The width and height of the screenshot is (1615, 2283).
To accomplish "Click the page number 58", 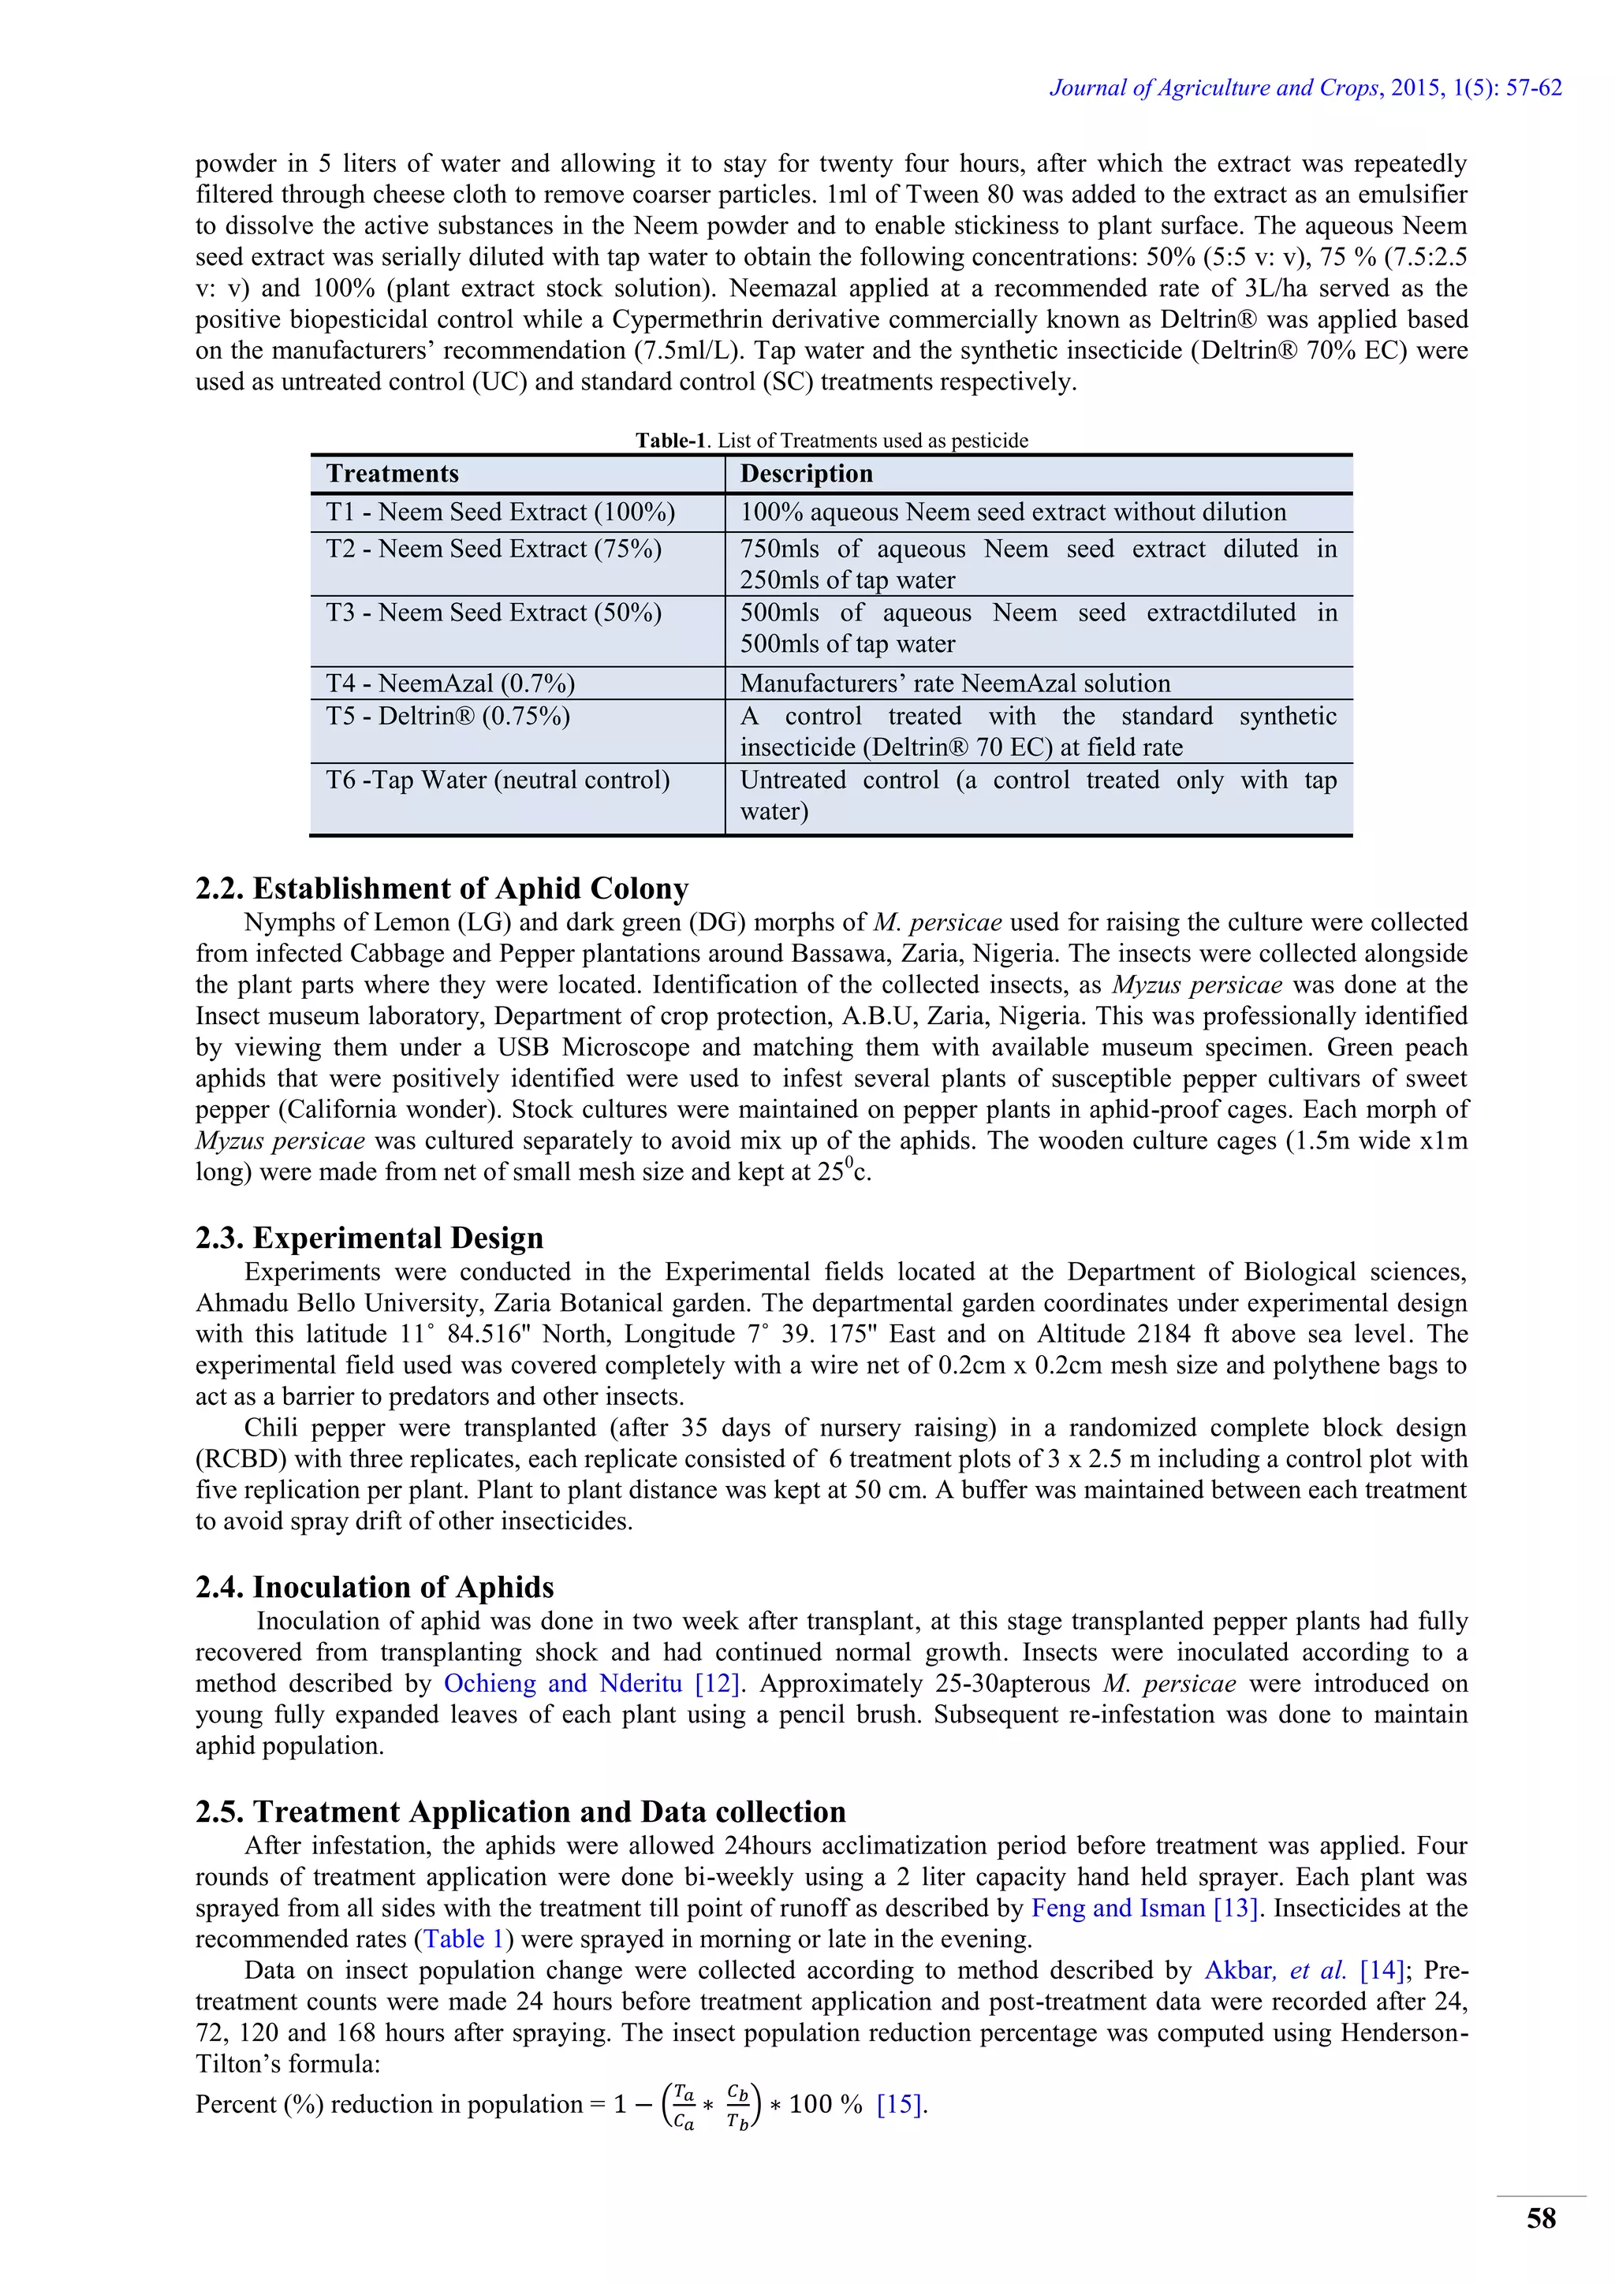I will pos(1540,2218).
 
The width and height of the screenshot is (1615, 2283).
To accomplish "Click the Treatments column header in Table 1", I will pos(393,473).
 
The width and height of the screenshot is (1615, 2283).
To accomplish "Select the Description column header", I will pos(807,473).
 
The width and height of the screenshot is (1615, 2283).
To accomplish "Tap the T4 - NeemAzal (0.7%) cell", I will pos(450,683).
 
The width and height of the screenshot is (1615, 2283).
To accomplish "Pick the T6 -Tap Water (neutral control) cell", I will pos(498,780).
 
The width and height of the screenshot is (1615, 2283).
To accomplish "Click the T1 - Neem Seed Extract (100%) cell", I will pos(500,512).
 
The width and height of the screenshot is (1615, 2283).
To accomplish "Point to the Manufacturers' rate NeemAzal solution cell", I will pos(955,683).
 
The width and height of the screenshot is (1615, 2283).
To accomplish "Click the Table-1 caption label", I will pos(670,441).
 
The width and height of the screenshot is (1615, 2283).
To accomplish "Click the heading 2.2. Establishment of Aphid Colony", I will pos(442,888).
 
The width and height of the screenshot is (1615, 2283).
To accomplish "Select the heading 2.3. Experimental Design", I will pos(369,1237).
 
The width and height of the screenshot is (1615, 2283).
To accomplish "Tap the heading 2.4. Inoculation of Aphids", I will pos(374,1586).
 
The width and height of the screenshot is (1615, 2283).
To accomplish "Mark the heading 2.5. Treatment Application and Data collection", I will pos(520,1811).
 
